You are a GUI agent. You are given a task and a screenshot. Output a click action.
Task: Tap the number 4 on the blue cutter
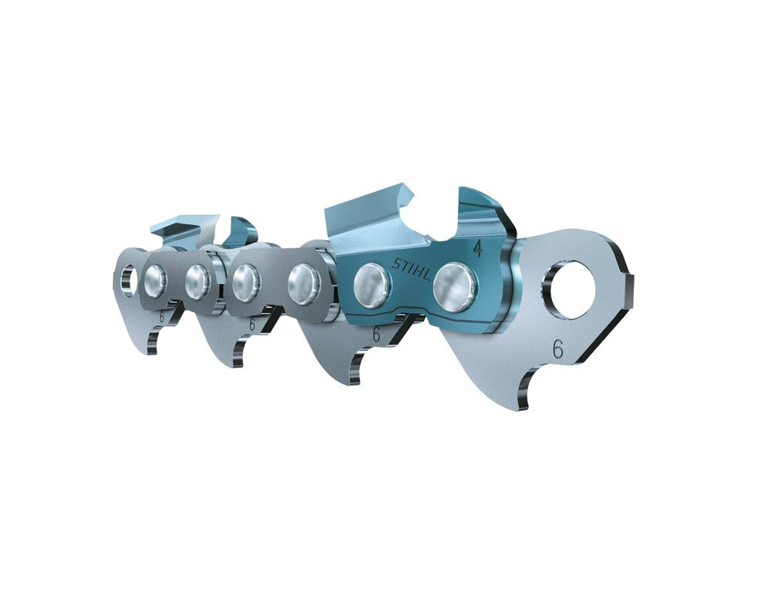(x=477, y=249)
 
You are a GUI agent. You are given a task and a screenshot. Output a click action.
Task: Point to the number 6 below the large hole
(x=557, y=349)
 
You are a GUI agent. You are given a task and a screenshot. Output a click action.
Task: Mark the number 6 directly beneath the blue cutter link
(x=375, y=335)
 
